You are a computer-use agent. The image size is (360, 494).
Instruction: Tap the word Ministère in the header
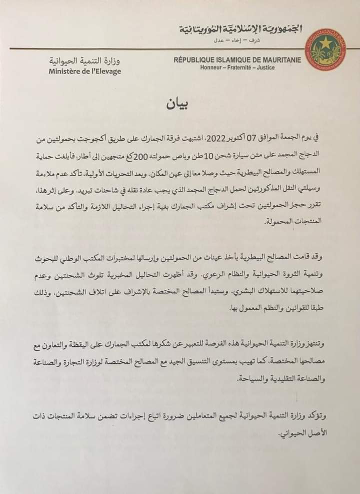coord(65,71)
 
